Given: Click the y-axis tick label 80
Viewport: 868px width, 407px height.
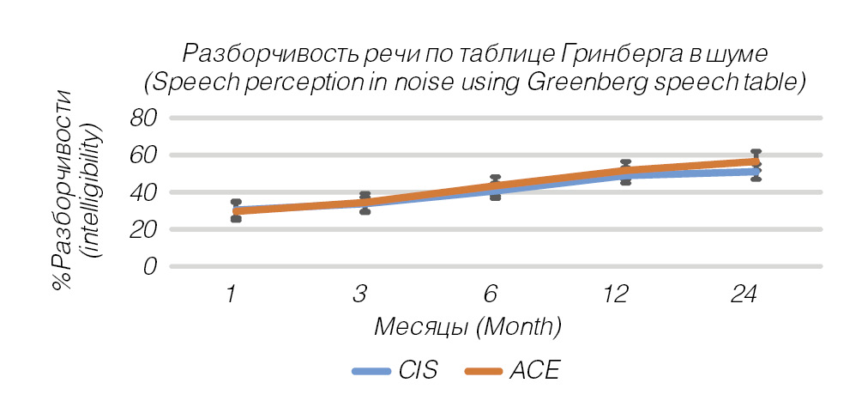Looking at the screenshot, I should point(145,118).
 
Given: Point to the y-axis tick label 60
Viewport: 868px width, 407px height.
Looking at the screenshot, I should point(145,155).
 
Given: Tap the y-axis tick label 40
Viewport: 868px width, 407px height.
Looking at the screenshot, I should point(145,192).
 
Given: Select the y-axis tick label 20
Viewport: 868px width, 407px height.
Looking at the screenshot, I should point(145,229).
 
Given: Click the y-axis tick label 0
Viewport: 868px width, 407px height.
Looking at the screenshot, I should point(151,266).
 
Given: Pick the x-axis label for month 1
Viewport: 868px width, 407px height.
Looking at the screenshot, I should point(232,295).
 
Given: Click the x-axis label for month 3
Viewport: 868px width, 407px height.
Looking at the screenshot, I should point(361,295).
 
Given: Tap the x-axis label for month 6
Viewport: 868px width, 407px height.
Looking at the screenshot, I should point(490,295).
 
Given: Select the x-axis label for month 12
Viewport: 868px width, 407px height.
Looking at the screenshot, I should point(616,295).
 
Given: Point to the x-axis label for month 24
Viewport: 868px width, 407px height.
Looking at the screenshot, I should point(744,295).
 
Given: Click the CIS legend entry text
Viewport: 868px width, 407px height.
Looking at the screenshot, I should point(418,371).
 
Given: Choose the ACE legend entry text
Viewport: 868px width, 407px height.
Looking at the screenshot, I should point(534,371).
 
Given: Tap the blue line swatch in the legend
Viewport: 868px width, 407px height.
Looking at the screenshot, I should point(371,372).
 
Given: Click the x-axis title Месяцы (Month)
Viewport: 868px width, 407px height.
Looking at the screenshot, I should point(467,327).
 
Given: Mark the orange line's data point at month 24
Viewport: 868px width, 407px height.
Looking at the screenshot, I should point(755,161).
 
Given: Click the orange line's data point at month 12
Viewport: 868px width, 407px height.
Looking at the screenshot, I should point(625,171).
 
